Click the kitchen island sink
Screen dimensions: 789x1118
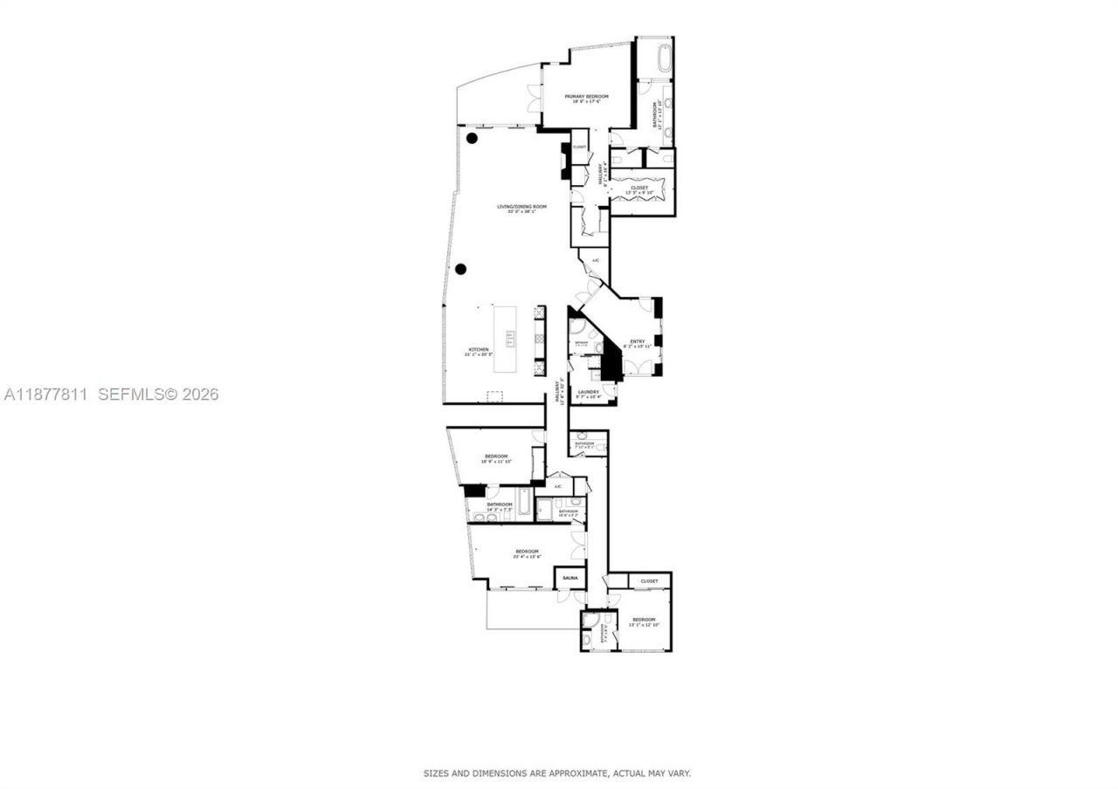[510, 338]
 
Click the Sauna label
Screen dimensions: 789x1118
[569, 579]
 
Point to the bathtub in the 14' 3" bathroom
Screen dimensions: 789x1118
[523, 503]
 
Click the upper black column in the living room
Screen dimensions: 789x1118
[472, 138]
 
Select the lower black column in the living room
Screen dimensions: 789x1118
[460, 269]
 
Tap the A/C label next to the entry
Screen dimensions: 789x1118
[596, 261]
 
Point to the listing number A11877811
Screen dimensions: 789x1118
[45, 394]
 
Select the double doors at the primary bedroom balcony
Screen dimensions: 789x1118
[534, 97]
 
